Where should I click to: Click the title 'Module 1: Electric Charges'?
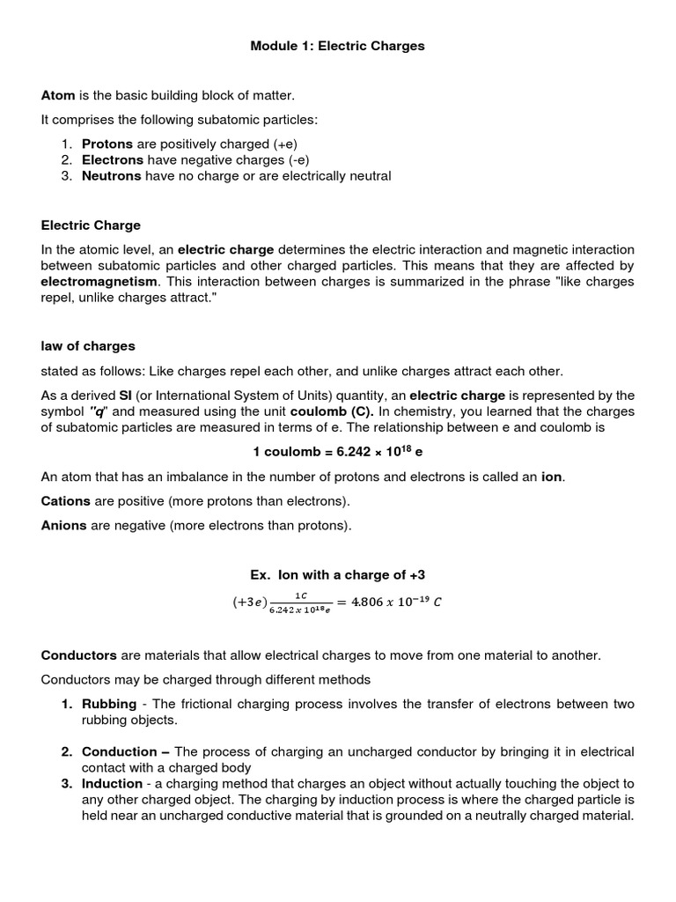(338, 46)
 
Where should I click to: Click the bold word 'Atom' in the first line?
(58, 95)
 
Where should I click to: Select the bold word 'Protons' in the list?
(107, 144)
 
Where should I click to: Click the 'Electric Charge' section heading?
(91, 225)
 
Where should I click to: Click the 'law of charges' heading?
(88, 346)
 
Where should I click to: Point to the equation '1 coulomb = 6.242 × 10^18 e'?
(338, 451)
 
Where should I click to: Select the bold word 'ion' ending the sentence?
(552, 477)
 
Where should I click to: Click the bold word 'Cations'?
(66, 501)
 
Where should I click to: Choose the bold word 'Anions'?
(63, 526)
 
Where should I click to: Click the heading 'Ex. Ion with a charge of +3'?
(338, 574)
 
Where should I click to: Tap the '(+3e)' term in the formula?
(249, 603)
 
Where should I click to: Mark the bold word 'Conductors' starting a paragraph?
(79, 655)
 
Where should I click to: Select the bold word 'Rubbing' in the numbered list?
(109, 704)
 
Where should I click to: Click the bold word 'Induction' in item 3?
(112, 783)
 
